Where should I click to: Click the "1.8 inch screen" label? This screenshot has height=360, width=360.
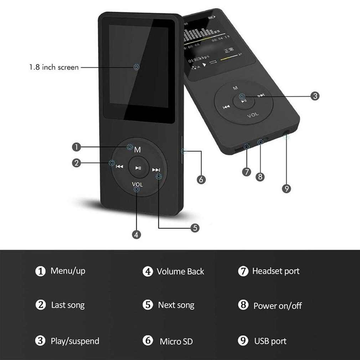click(54, 67)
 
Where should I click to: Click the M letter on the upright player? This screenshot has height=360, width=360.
click(138, 150)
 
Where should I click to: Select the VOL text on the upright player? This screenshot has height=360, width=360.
click(137, 184)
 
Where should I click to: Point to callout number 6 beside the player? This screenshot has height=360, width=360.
click(201, 180)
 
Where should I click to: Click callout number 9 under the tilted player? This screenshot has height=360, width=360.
click(287, 189)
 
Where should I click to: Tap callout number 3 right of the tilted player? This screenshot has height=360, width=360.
click(315, 96)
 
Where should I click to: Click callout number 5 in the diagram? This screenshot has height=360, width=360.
click(195, 228)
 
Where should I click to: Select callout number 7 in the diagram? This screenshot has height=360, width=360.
click(247, 172)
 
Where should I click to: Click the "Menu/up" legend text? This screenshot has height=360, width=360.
click(68, 271)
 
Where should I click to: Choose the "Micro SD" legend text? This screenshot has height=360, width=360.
click(176, 341)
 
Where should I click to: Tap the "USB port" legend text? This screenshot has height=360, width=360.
click(270, 341)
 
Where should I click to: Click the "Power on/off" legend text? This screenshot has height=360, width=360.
click(277, 306)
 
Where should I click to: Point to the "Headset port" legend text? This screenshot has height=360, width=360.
click(276, 271)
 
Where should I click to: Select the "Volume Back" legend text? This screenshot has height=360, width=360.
click(180, 272)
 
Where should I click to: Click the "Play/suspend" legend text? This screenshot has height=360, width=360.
click(75, 341)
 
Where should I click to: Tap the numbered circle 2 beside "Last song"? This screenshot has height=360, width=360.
click(41, 305)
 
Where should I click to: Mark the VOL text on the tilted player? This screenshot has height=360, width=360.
click(253, 115)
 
